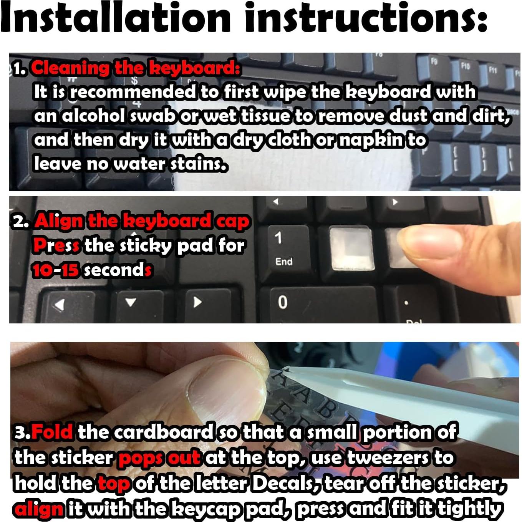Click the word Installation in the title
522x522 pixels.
coord(115,18)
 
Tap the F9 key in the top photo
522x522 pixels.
coord(434,64)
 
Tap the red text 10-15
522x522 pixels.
coord(56,270)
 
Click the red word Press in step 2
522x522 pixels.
coord(56,245)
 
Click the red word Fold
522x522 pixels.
coord(52,432)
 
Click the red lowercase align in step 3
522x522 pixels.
coord(38,509)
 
